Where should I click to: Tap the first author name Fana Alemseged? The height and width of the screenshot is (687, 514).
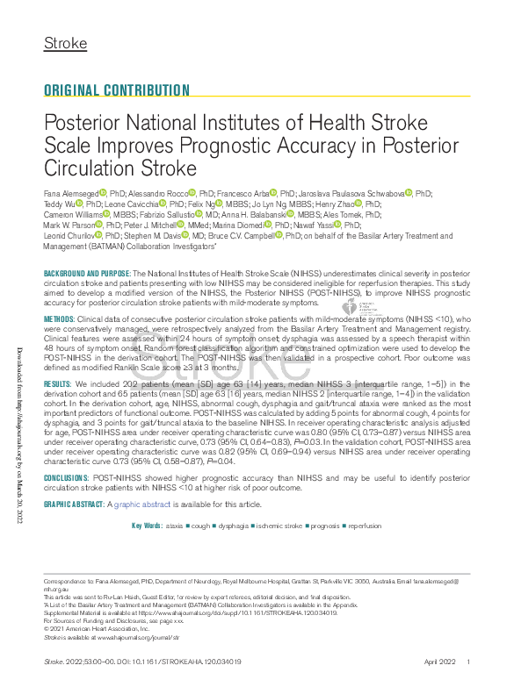(70, 192)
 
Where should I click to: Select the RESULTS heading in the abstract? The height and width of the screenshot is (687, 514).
(58, 385)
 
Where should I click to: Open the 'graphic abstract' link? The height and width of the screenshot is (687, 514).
(141, 505)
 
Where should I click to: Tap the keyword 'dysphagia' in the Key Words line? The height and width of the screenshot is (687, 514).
(232, 526)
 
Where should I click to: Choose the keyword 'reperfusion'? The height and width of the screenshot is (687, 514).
(365, 526)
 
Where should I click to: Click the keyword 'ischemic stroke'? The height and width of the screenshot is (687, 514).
(280, 526)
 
